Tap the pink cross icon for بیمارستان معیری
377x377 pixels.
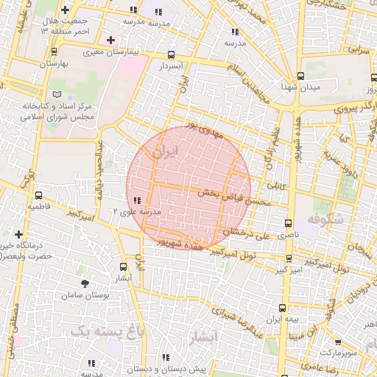pyautogui.click(x=110, y=39)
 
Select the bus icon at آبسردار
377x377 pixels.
pyautogui.click(x=172, y=54)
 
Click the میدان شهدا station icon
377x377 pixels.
pyautogui.click(x=300, y=76)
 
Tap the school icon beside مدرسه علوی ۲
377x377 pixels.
pyautogui.click(x=138, y=200)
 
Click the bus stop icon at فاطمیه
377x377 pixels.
pyautogui.click(x=38, y=195)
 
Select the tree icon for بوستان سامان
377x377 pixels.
pyautogui.click(x=85, y=283)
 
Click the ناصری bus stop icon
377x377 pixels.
pyautogui.click(x=287, y=222)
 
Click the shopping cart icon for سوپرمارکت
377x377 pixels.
pyautogui.click(x=337, y=342)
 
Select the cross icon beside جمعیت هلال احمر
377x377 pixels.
pyautogui.click(x=67, y=10)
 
